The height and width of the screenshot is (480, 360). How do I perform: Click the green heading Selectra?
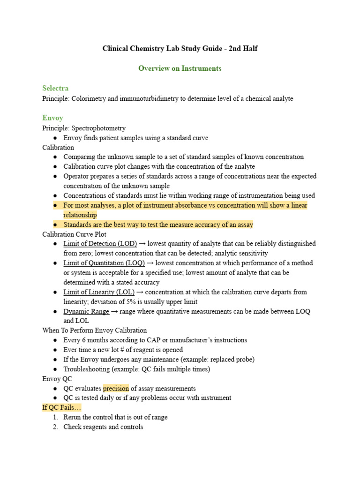tap(55, 88)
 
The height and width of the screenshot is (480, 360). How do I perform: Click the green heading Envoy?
tap(52, 118)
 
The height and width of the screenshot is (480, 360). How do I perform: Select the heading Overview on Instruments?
tap(180, 68)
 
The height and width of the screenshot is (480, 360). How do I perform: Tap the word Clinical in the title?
tap(117, 49)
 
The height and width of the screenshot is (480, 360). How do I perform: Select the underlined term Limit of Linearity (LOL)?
tap(98, 292)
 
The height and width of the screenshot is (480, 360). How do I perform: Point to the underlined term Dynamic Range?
tap(86, 311)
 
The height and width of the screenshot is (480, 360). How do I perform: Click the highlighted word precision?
tap(116, 389)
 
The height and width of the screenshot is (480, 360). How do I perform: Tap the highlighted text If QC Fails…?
tap(62, 408)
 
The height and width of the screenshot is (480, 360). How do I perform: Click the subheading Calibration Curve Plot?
tap(74, 234)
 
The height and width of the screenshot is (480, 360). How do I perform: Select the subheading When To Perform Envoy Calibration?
tap(94, 330)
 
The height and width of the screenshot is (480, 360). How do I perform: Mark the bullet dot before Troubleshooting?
tap(55, 369)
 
